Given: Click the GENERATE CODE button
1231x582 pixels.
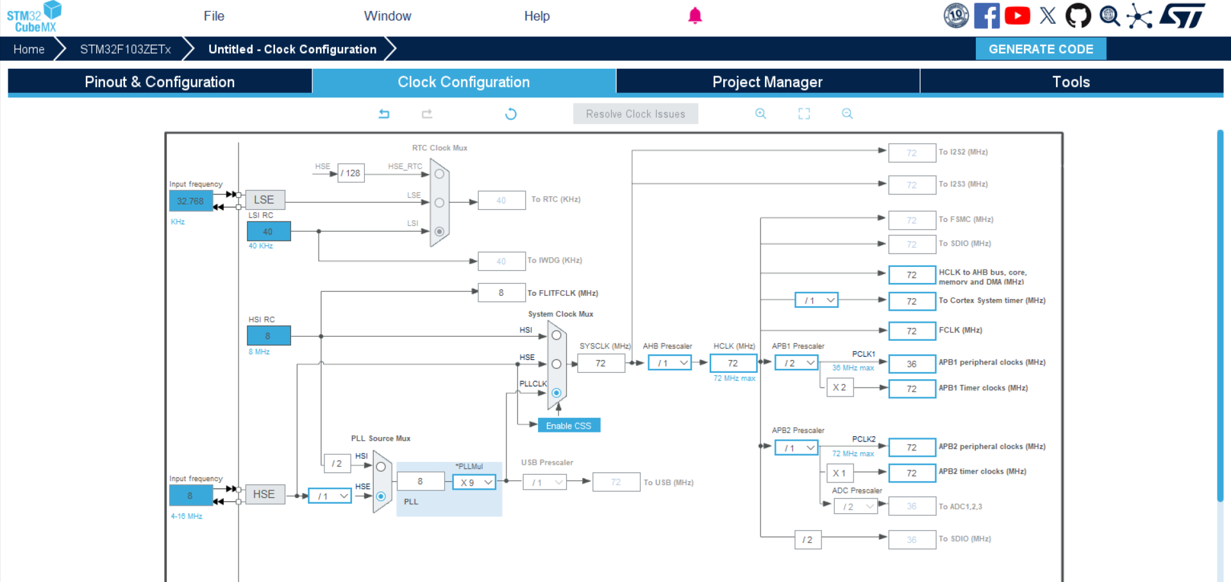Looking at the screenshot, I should [x=1041, y=49].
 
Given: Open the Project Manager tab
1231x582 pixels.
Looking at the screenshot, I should [x=767, y=81].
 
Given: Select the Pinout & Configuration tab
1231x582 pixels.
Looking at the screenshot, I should [x=160, y=81].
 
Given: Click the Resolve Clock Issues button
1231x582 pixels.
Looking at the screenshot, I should [x=635, y=114].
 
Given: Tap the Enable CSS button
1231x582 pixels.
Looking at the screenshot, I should [x=569, y=425].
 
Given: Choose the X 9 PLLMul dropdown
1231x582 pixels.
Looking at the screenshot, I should [x=474, y=483].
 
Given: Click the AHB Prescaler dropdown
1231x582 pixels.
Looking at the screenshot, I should [x=669, y=363].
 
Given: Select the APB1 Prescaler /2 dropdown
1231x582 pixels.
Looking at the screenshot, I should [x=796, y=363].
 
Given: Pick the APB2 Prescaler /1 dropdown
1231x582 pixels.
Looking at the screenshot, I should [x=796, y=448].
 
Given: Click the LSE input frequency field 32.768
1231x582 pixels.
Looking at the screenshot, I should [x=190, y=201].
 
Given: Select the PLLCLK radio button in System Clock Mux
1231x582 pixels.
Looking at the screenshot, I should [x=557, y=393].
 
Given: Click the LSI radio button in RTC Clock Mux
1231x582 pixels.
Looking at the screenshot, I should [x=439, y=232].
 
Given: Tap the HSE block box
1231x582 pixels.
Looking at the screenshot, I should [x=264, y=494].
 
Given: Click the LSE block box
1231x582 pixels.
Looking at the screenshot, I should [x=264, y=200].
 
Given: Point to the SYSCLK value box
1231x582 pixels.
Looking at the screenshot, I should [x=601, y=363].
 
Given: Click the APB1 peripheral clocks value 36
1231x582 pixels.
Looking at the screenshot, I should [x=912, y=364].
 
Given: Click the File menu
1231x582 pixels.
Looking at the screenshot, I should [x=214, y=16].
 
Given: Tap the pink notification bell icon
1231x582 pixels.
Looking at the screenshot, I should [x=695, y=16].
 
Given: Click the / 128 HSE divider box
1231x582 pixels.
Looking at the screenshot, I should [x=351, y=173].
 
